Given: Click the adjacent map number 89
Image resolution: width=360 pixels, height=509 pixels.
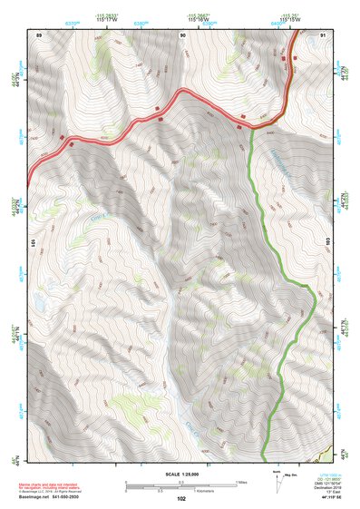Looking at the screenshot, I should pos(38,34).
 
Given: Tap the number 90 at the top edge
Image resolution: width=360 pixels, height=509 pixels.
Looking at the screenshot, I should pos(182,34).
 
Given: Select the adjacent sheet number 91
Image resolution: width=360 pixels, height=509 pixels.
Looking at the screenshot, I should pos(323,34).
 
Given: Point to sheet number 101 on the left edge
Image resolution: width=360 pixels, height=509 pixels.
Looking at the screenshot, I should pos(34,243).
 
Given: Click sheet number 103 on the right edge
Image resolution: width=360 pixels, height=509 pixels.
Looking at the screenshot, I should pos(327,243).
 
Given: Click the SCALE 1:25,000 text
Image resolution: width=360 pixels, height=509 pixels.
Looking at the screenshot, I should pos(181,474).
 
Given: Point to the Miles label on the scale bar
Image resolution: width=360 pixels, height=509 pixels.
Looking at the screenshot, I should pos(241,481).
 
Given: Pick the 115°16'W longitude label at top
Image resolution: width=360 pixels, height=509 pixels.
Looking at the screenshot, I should pos(290,18).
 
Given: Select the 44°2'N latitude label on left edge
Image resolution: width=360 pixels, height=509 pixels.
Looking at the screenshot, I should pos(16,206).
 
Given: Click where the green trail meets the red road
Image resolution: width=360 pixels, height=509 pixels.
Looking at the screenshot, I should pos(248,126).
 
